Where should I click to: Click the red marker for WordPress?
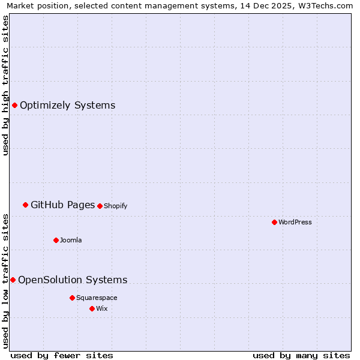274,222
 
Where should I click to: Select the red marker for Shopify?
100,206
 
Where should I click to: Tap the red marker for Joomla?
56,240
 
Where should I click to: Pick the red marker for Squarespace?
72,298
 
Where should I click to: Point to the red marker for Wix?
92,308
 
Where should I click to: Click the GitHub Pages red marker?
25,205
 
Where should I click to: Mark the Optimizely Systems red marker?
14,106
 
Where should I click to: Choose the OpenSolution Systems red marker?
13,280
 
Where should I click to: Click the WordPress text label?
295,222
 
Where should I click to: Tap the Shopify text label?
116,206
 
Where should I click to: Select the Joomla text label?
71,240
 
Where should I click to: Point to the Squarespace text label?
97,298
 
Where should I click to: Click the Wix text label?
101,308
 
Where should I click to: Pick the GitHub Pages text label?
62,205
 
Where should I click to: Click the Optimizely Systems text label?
67,106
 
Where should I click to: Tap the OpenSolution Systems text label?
73,280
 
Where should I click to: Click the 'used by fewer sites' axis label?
62,355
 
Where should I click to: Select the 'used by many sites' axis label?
301,355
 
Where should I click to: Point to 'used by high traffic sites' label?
5,85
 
